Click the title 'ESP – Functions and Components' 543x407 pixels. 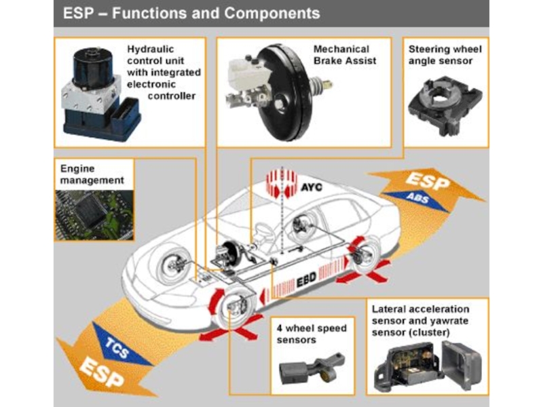pyautogui.click(x=191, y=13)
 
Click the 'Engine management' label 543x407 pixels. pyautogui.click(x=92, y=175)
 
